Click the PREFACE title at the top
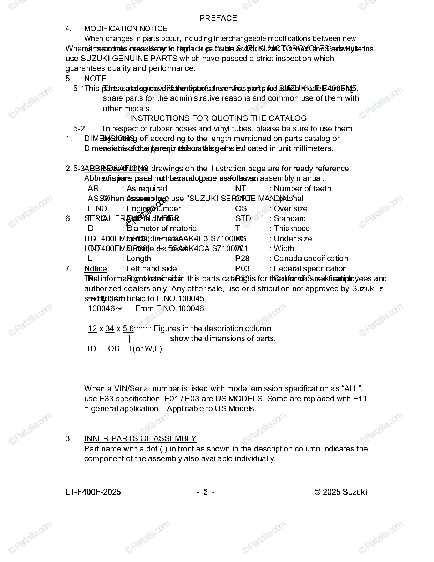pyautogui.click(x=218, y=18)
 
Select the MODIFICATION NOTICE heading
pyautogui.click(x=125, y=29)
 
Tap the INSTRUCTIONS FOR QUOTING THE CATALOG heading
pyautogui.click(x=218, y=118)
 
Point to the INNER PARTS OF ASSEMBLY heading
pyautogui.click(x=140, y=438)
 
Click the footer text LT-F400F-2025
pyautogui.click(x=93, y=492)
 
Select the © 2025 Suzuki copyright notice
pyautogui.click(x=340, y=492)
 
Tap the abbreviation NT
pyautogui.click(x=240, y=189)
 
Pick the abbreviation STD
pyautogui.click(x=243, y=219)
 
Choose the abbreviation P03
pyautogui.click(x=242, y=269)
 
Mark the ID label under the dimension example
pyautogui.click(x=92, y=349)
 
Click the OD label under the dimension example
pyautogui.click(x=114, y=349)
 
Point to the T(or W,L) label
pyautogui.click(x=145, y=349)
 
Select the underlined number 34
pyautogui.click(x=110, y=329)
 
